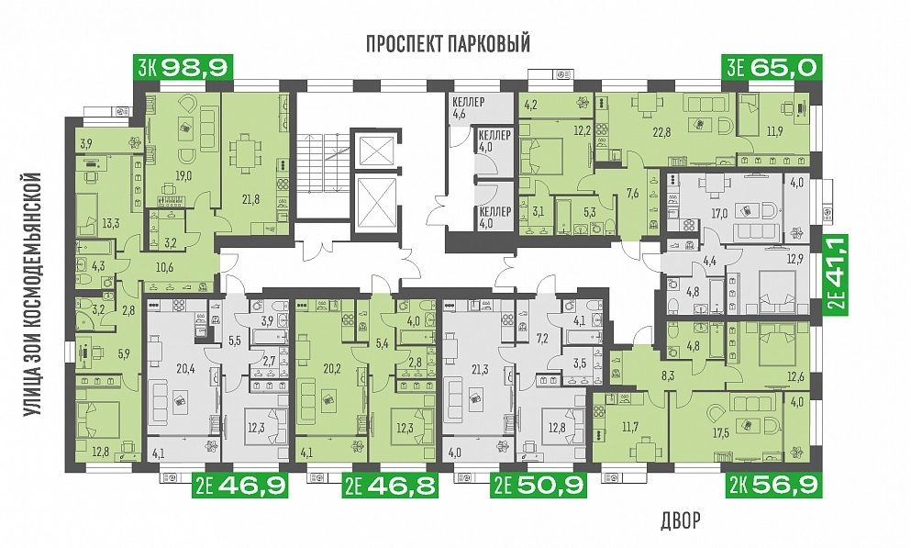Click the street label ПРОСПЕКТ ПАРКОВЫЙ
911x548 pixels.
[x=448, y=43]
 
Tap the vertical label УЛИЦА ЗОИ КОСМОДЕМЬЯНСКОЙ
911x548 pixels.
[x=34, y=294]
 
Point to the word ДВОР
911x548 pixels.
[x=681, y=520]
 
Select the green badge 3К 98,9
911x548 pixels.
[x=183, y=68]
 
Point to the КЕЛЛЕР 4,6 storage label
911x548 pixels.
[x=468, y=107]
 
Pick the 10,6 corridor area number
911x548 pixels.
[x=164, y=268]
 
